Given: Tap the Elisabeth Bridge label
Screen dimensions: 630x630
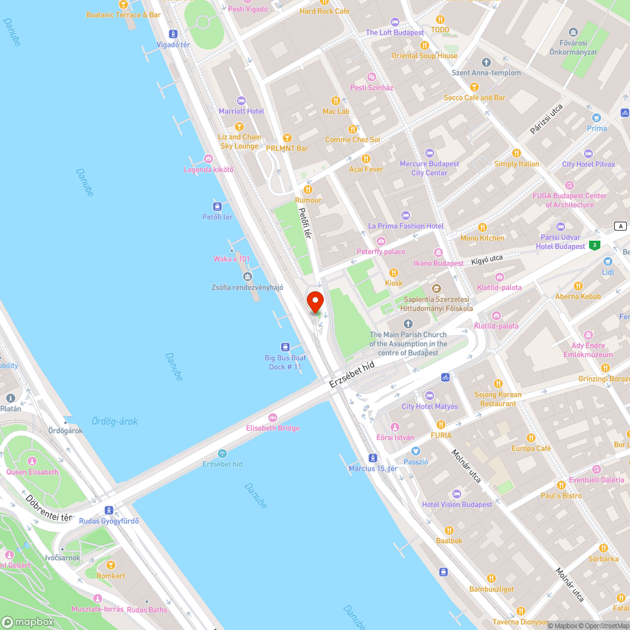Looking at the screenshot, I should (x=273, y=428).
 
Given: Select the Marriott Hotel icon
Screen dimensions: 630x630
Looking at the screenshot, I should (x=241, y=101).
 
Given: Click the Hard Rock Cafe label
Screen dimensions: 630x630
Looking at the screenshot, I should (x=324, y=11).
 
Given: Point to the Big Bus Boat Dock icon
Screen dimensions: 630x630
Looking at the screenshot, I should (x=285, y=346).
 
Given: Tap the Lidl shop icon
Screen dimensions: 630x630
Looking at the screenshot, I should (x=607, y=261).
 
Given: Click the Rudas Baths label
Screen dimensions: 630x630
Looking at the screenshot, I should (x=147, y=609).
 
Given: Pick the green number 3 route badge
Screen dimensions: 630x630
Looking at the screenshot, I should (x=594, y=245).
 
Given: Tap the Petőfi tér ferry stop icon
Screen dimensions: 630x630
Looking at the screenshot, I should (x=217, y=206).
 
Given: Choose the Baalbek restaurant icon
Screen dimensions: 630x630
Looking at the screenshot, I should (x=449, y=530).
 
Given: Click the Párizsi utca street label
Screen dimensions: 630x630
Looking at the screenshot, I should (x=546, y=119).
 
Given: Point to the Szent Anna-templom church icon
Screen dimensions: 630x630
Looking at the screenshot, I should (x=486, y=62).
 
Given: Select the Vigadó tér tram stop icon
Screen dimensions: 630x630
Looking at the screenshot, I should (x=173, y=34).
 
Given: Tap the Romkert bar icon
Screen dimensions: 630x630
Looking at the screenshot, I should (x=111, y=565).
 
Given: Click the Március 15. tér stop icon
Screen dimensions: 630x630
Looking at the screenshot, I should (x=373, y=458).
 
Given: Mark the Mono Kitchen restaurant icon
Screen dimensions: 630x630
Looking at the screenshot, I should (x=483, y=227).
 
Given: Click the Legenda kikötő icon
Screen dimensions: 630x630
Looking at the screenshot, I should (x=209, y=159).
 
